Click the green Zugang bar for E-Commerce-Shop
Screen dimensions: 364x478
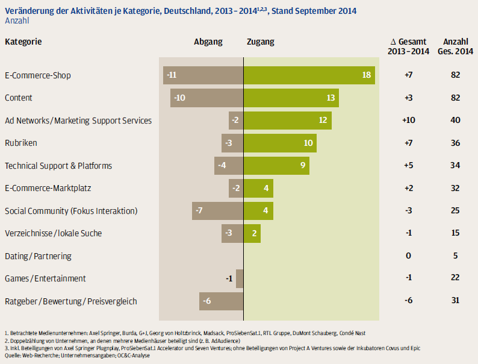point(309,75)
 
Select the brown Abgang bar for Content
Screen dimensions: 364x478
point(206,98)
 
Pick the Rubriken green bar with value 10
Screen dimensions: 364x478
point(280,143)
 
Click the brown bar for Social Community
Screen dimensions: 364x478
point(217,211)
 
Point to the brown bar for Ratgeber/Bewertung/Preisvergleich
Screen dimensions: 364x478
point(221,301)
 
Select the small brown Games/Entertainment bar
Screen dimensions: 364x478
point(240,278)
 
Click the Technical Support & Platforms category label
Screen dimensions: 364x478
point(58,166)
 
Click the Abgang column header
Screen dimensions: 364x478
point(208,42)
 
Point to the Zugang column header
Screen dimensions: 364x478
point(261,42)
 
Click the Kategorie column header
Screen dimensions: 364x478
point(23,42)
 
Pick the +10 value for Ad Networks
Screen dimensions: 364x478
point(408,121)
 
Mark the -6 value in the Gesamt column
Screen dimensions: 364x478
point(408,301)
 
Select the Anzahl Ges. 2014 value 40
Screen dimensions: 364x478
point(455,121)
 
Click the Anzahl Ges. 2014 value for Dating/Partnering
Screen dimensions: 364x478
point(455,256)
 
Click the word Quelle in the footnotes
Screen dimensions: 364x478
point(13,356)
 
